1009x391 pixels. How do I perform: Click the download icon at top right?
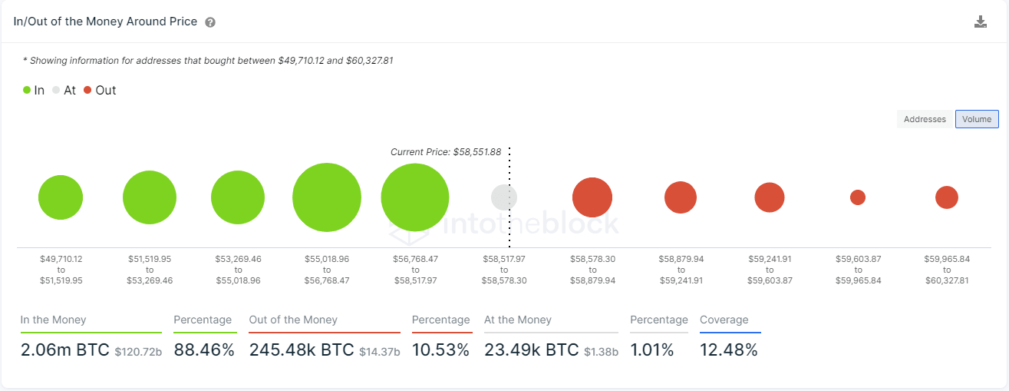tap(980, 22)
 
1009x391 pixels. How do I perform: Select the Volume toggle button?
tap(977, 119)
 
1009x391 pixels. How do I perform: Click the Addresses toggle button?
tap(925, 119)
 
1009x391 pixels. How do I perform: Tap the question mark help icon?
tap(210, 22)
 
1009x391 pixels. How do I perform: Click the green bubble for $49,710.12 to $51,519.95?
tap(61, 197)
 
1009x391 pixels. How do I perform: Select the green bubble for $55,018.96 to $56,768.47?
tap(327, 197)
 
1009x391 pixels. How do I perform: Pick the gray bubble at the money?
tap(504, 197)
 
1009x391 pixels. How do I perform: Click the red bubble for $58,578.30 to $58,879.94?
tap(592, 197)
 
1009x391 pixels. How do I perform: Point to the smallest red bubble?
tap(858, 197)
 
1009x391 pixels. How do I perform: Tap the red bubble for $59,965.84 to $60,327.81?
tap(946, 197)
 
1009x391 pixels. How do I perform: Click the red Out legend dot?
tap(87, 90)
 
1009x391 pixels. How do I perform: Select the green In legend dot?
tap(27, 90)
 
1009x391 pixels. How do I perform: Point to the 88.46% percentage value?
tap(204, 350)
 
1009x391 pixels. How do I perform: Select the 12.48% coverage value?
tap(729, 350)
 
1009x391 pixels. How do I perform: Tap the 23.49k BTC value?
tap(531, 350)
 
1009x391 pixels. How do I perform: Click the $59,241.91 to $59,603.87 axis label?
tap(770, 270)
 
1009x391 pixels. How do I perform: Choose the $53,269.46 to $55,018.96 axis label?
tap(238, 270)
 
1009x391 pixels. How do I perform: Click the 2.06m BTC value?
tap(65, 350)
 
